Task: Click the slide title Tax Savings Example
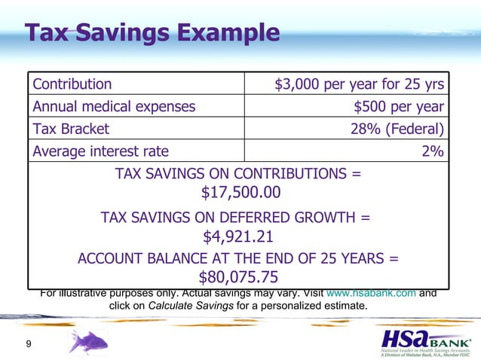[x=152, y=33]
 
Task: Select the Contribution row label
[x=72, y=84]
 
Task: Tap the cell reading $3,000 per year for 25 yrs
[x=359, y=84]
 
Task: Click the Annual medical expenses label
[x=114, y=106]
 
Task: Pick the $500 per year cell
[x=399, y=106]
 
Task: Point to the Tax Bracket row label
[x=71, y=129]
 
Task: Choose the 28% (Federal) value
[x=397, y=129]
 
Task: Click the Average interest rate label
[x=100, y=151]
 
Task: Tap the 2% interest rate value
[x=432, y=151]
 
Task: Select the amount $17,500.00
[x=240, y=193]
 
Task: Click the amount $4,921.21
[x=238, y=236]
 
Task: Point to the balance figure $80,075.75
[x=238, y=276]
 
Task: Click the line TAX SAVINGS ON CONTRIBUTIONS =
[x=238, y=174]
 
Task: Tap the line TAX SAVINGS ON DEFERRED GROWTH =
[x=235, y=218]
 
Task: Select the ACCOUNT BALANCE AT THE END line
[x=238, y=258]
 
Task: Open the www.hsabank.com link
[x=370, y=293]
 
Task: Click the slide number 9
[x=28, y=344]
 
